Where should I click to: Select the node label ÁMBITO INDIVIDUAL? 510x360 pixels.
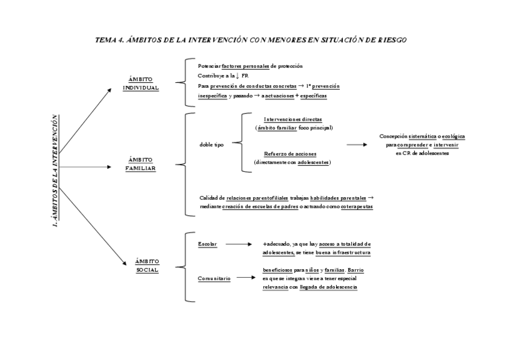[x=141, y=84]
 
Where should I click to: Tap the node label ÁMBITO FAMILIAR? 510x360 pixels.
[x=141, y=164]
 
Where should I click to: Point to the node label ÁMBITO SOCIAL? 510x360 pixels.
[x=147, y=266]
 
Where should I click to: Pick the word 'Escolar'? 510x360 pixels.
[x=207, y=244]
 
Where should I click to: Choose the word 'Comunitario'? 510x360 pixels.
[x=214, y=278]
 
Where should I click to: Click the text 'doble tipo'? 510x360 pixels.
[x=211, y=145]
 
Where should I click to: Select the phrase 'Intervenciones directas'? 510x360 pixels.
[x=293, y=119]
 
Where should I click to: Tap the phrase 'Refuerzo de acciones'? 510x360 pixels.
[x=290, y=154]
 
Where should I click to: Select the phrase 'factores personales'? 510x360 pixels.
[x=245, y=66]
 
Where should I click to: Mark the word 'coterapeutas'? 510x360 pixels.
[x=357, y=206]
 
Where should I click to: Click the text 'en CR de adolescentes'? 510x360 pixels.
[x=422, y=153]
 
